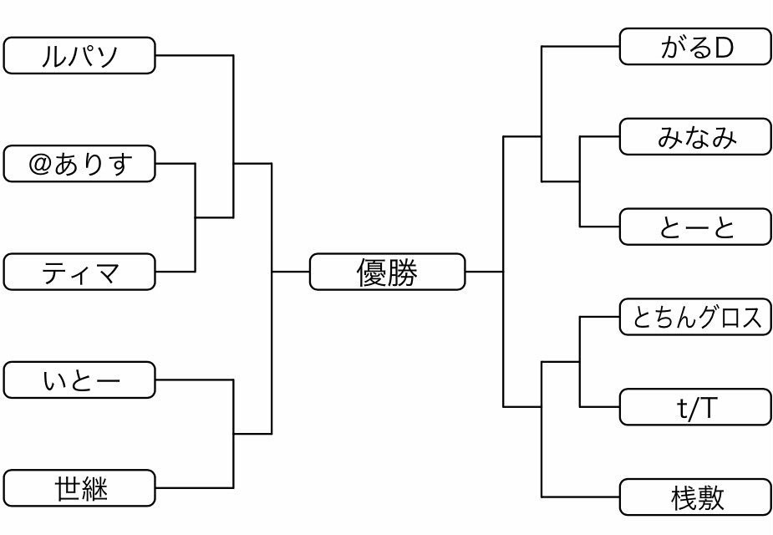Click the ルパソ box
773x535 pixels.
pos(79,55)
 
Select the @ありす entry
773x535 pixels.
pos(79,163)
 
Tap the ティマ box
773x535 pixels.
pos(79,272)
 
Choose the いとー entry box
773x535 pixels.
pos(79,380)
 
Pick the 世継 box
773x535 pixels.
pos(79,488)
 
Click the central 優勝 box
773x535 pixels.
pos(387,272)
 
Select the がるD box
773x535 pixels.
pos(694,47)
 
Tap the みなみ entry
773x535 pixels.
pos(694,136)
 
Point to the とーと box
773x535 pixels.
pos(694,227)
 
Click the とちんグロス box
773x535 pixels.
pos(694,317)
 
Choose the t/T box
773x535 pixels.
pos(694,407)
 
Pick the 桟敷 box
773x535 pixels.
pos(694,497)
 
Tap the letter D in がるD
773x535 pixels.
pos(723,48)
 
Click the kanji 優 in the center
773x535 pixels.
pos(372,272)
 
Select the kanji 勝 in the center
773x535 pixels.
pos(402,272)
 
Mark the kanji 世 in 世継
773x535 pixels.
pos(67,488)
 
